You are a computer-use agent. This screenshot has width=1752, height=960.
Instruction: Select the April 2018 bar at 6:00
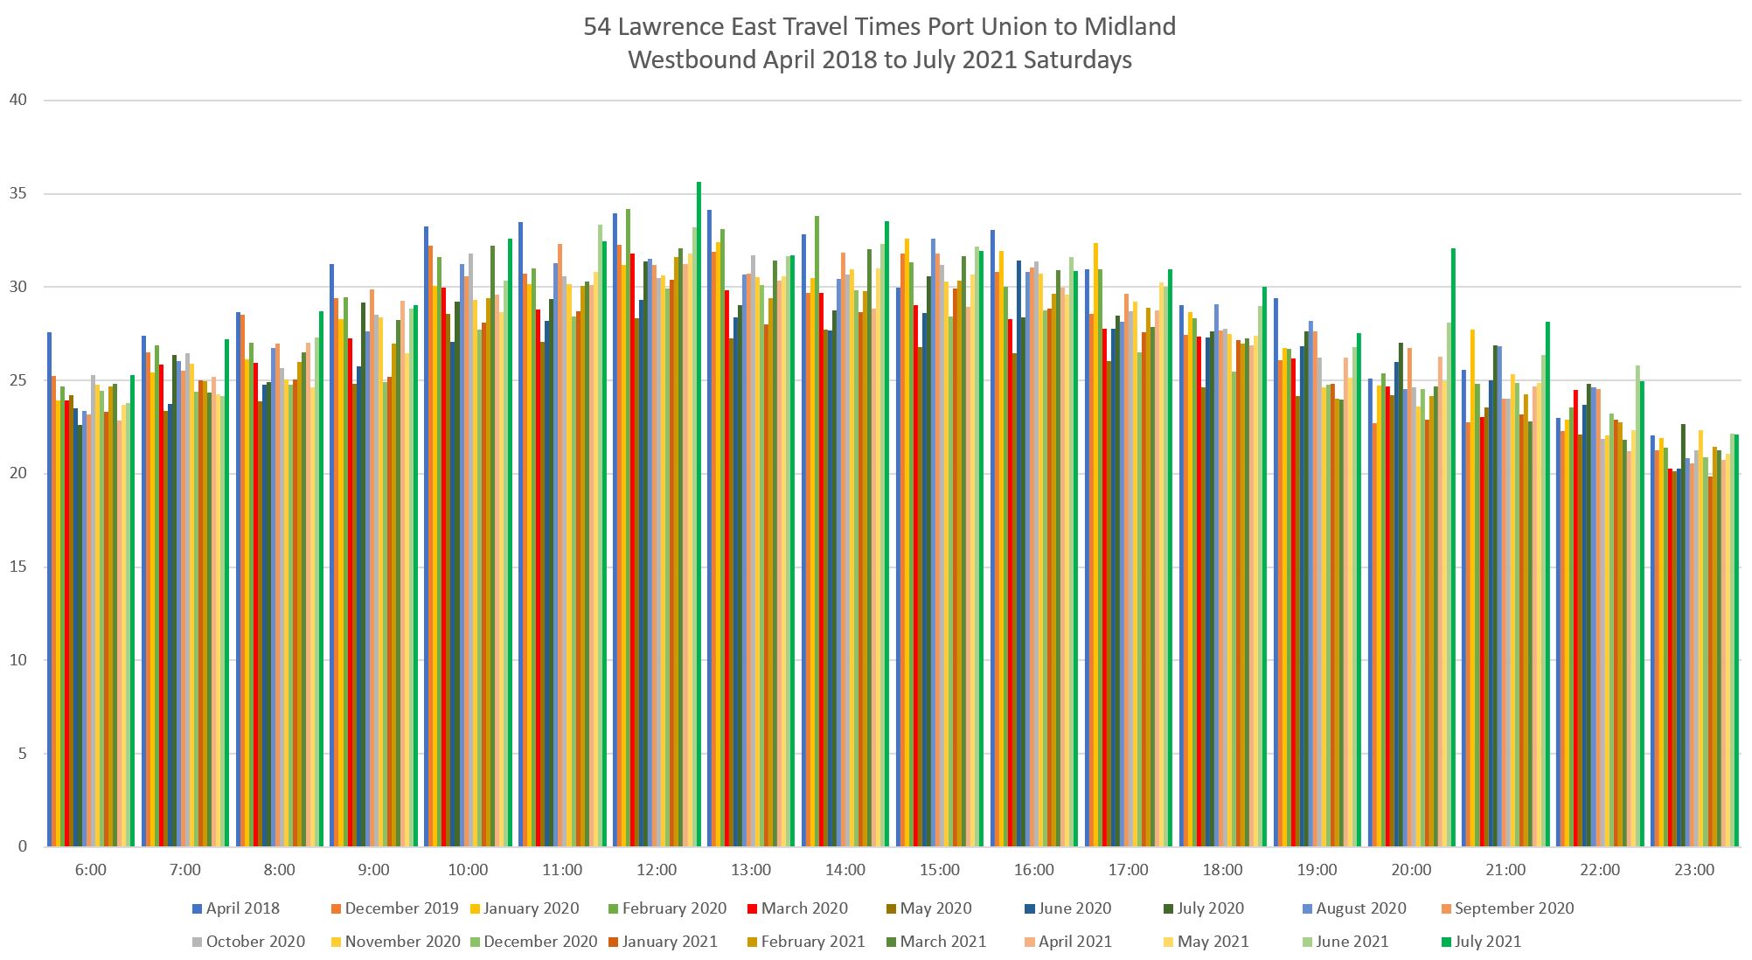[49, 589]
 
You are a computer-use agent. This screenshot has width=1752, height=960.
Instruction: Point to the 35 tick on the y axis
[17, 193]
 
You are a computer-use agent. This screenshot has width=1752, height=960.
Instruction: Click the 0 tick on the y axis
[22, 846]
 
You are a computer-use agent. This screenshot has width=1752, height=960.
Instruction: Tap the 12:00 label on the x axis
[657, 870]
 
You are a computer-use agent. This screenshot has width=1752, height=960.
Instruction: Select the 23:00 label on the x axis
[1694, 870]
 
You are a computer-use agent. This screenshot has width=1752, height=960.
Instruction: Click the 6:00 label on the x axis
[91, 870]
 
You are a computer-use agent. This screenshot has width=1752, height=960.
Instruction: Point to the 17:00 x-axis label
[1128, 870]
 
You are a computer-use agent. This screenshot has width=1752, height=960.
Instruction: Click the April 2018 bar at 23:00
[1652, 641]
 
